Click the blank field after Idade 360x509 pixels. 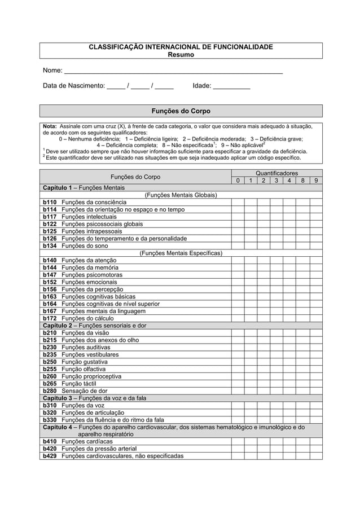coord(231,87)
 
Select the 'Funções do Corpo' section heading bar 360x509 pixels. coord(181,111)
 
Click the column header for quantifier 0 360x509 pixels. coord(237,181)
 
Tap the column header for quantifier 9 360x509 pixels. coord(316,181)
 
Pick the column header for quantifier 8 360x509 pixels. coord(303,181)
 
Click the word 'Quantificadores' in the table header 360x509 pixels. coord(276,173)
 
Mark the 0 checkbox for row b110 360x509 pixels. coord(237,203)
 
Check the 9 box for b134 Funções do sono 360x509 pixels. coord(316,246)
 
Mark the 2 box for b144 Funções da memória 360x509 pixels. coord(264,267)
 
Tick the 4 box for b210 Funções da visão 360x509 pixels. coord(289,333)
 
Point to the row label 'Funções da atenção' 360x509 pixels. coord(90,260)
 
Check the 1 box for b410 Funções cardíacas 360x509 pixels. coord(250,441)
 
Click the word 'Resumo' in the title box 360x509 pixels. coord(181,55)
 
